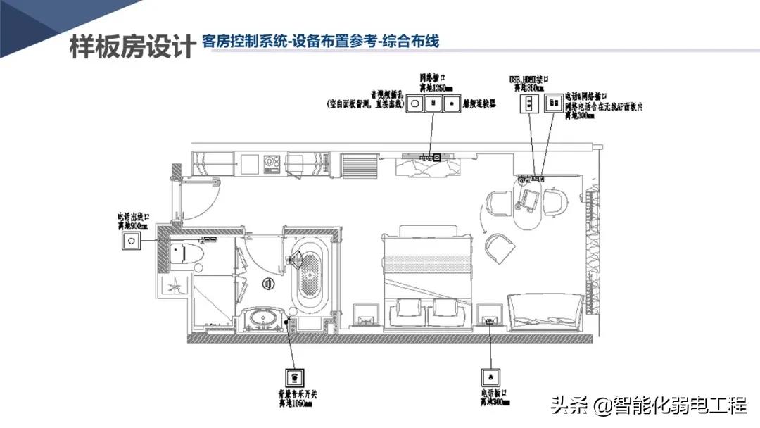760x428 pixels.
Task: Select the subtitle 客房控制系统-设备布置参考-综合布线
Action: [319, 42]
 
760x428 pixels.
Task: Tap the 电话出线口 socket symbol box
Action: [130, 241]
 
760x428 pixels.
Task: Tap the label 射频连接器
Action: [480, 102]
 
